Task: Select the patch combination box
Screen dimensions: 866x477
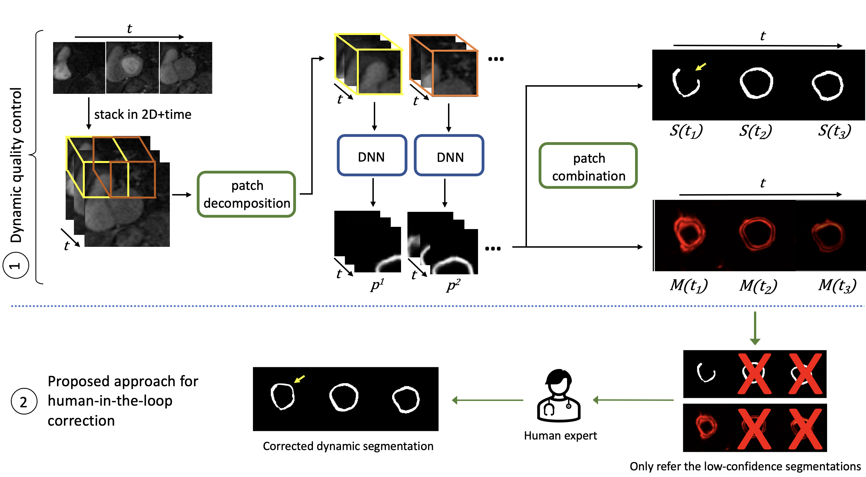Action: pyautogui.click(x=588, y=165)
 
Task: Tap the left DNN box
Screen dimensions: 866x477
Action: pyautogui.click(x=372, y=155)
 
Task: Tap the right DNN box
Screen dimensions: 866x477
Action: pyautogui.click(x=449, y=155)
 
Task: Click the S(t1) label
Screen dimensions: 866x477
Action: pyautogui.click(x=686, y=131)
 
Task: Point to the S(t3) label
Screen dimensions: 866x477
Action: pyautogui.click(x=834, y=131)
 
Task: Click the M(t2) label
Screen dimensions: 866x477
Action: pyautogui.click(x=758, y=285)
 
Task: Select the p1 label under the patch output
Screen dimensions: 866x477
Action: pyautogui.click(x=377, y=285)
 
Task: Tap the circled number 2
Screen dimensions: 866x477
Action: pyautogui.click(x=24, y=401)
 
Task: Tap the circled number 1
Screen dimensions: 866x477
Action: pyautogui.click(x=16, y=265)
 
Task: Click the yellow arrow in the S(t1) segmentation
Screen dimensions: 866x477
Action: pyautogui.click(x=701, y=67)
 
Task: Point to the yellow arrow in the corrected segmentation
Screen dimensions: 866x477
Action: pyautogui.click(x=299, y=379)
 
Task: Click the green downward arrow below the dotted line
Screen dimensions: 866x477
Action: pyautogui.click(x=755, y=328)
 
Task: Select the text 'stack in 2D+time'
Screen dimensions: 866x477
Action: pyautogui.click(x=143, y=115)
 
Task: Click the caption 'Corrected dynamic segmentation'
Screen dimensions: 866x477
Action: pyautogui.click(x=348, y=446)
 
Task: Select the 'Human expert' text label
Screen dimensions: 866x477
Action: pyautogui.click(x=560, y=436)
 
